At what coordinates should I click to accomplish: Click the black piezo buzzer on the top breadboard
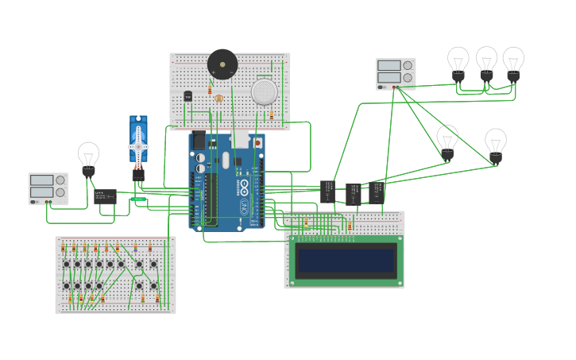[222, 64]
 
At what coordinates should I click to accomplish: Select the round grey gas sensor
[265, 91]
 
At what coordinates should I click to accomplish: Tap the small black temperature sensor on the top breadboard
[188, 96]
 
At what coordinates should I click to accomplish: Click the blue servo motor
[138, 143]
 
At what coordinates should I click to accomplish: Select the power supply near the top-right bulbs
[395, 73]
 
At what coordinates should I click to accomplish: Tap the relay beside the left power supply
[105, 196]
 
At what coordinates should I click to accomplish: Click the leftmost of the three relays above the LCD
[328, 191]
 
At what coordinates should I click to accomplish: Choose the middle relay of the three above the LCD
[353, 194]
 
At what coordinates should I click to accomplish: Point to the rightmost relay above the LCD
[377, 191]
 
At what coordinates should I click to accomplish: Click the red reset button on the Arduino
[257, 143]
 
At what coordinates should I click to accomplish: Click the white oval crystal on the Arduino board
[226, 160]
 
